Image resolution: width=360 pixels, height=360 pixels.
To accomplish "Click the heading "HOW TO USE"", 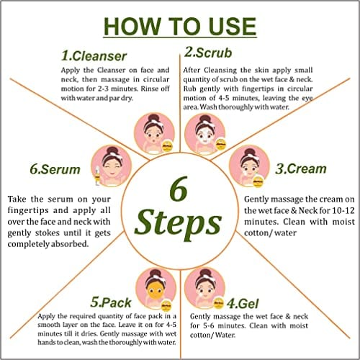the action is [180, 27].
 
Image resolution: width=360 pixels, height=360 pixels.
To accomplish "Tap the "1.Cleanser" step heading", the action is [94, 56].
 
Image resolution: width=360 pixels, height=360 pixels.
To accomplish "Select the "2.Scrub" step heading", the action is [208, 53].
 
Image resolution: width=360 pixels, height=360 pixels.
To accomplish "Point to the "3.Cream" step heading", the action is [301, 168].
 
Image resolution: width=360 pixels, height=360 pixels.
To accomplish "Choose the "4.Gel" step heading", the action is [243, 304].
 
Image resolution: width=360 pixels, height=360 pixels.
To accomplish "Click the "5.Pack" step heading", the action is [111, 302].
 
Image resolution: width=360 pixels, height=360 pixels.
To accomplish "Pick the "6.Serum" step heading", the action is [55, 169].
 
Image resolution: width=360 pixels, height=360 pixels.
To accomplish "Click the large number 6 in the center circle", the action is [179, 189].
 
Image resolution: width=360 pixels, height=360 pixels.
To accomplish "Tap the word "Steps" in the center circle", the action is [178, 224].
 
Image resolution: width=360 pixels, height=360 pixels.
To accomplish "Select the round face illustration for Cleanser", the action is [154, 133].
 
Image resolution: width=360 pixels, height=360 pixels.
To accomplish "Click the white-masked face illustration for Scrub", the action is [205, 134].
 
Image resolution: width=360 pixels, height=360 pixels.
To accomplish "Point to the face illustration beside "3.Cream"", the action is [249, 166].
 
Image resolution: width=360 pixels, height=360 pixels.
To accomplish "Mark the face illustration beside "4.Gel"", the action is [204, 289].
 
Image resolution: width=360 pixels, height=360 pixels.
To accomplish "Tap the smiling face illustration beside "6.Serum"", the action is [112, 166].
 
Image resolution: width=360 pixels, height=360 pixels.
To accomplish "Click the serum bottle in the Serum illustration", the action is [97, 176].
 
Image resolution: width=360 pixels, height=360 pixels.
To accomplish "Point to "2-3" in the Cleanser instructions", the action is [104, 89].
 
